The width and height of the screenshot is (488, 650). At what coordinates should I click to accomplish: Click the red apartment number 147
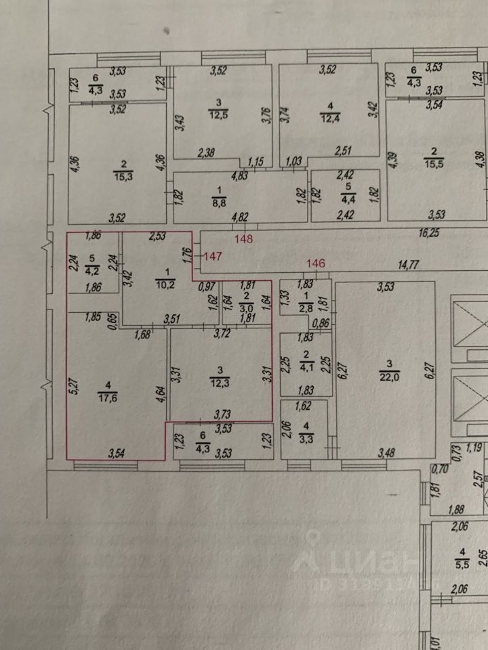pos(213,256)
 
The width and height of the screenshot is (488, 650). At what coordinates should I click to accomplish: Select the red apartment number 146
pos(317,264)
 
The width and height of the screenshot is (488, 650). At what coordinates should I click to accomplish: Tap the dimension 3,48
pos(386,452)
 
